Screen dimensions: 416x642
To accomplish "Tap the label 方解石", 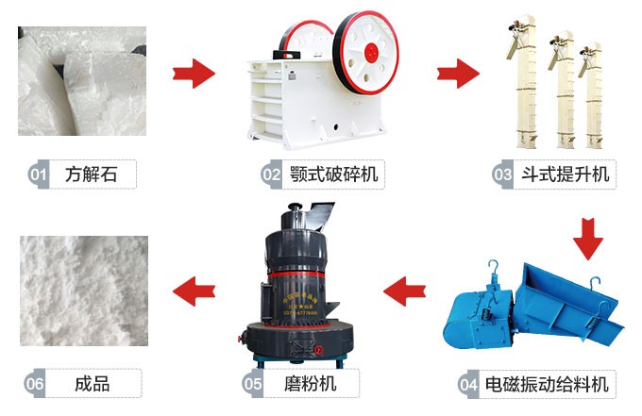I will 93,175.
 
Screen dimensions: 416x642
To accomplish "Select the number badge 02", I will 272,175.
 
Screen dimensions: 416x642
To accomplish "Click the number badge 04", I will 468,384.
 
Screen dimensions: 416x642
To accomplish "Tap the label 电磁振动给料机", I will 547,384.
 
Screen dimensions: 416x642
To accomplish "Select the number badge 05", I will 253,384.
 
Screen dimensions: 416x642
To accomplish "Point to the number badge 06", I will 36,384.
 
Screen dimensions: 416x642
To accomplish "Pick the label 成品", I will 93,384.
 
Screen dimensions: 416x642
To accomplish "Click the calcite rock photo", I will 83,80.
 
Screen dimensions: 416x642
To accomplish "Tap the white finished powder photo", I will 83,291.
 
